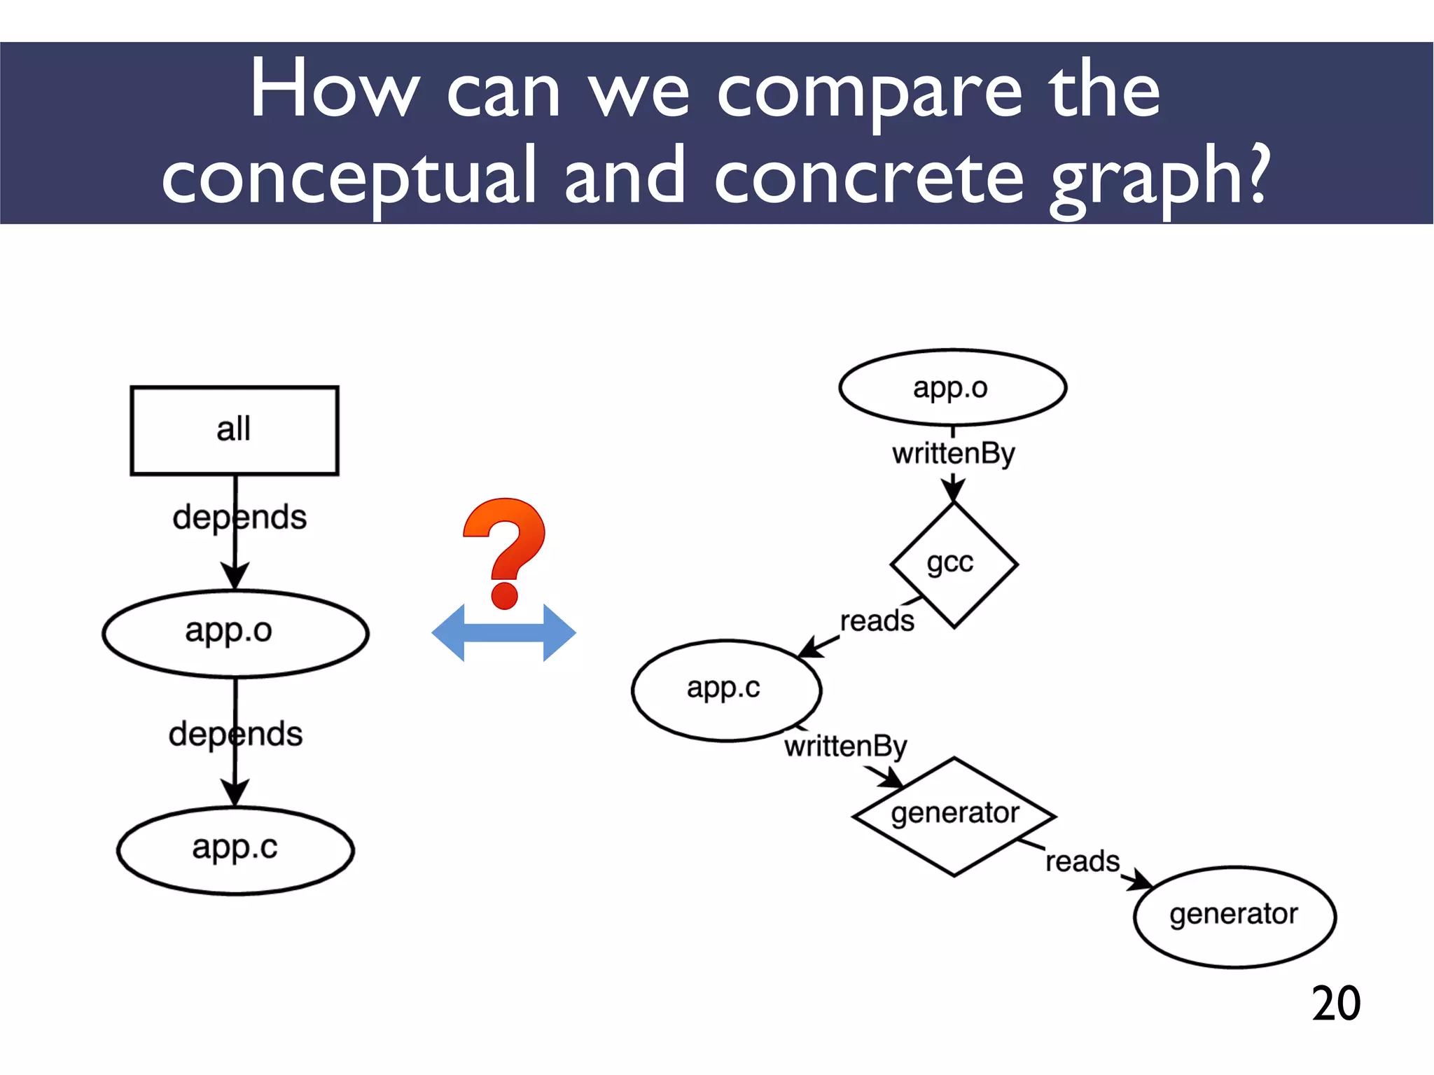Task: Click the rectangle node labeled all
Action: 235,430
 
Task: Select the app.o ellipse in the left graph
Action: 235,633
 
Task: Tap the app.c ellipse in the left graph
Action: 235,850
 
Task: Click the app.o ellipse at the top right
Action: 952,387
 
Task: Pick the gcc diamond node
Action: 954,564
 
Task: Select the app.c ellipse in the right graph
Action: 726,690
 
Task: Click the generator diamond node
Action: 954,816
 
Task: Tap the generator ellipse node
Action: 1234,916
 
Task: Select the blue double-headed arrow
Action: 504,633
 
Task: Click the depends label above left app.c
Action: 235,735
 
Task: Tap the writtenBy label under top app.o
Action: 953,454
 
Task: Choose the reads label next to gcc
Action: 877,620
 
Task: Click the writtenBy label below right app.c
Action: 845,747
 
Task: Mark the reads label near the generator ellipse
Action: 1083,861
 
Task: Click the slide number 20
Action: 1335,1004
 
